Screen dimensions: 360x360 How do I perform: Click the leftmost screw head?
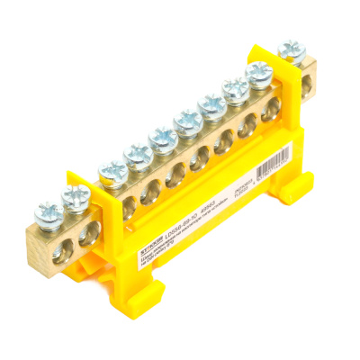point(48,213)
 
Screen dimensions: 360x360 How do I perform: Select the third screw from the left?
point(112,168)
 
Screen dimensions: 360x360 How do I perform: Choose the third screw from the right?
point(237,88)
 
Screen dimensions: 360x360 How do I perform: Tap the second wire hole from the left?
point(87,233)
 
